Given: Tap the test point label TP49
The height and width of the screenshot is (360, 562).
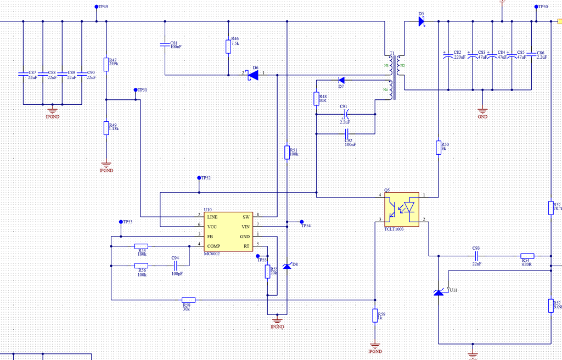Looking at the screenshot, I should (x=103, y=7).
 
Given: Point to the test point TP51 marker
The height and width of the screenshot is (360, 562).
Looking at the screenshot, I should (x=136, y=89).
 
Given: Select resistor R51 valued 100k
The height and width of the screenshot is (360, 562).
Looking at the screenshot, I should (x=287, y=152).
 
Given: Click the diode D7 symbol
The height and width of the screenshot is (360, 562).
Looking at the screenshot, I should (x=341, y=80).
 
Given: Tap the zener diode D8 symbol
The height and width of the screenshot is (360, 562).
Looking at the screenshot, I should (x=286, y=266).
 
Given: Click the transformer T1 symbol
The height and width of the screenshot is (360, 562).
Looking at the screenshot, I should (x=395, y=71).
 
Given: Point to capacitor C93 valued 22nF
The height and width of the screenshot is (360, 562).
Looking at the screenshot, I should (x=476, y=256).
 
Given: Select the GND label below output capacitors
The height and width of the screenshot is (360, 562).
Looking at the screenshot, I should (x=482, y=117).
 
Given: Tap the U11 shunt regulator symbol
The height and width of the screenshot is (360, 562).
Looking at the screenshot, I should (x=439, y=292).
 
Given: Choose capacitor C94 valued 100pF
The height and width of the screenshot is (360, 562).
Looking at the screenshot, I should (x=176, y=266).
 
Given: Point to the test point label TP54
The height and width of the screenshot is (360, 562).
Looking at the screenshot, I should (x=306, y=226).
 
